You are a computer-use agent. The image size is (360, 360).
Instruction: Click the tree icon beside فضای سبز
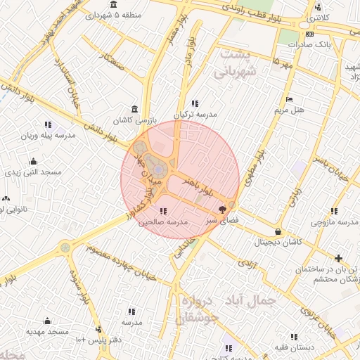coord(223,209)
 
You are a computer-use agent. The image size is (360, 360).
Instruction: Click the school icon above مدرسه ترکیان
coord(195,103)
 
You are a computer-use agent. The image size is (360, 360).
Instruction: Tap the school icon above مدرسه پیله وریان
coord(47,124)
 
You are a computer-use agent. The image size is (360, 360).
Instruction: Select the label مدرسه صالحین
coord(163,221)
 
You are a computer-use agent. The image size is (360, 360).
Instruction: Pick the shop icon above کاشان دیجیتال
coord(278,231)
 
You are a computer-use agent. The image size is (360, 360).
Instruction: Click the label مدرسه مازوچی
coord(333,222)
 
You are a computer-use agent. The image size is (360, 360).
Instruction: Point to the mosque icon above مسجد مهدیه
coord(47,321)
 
